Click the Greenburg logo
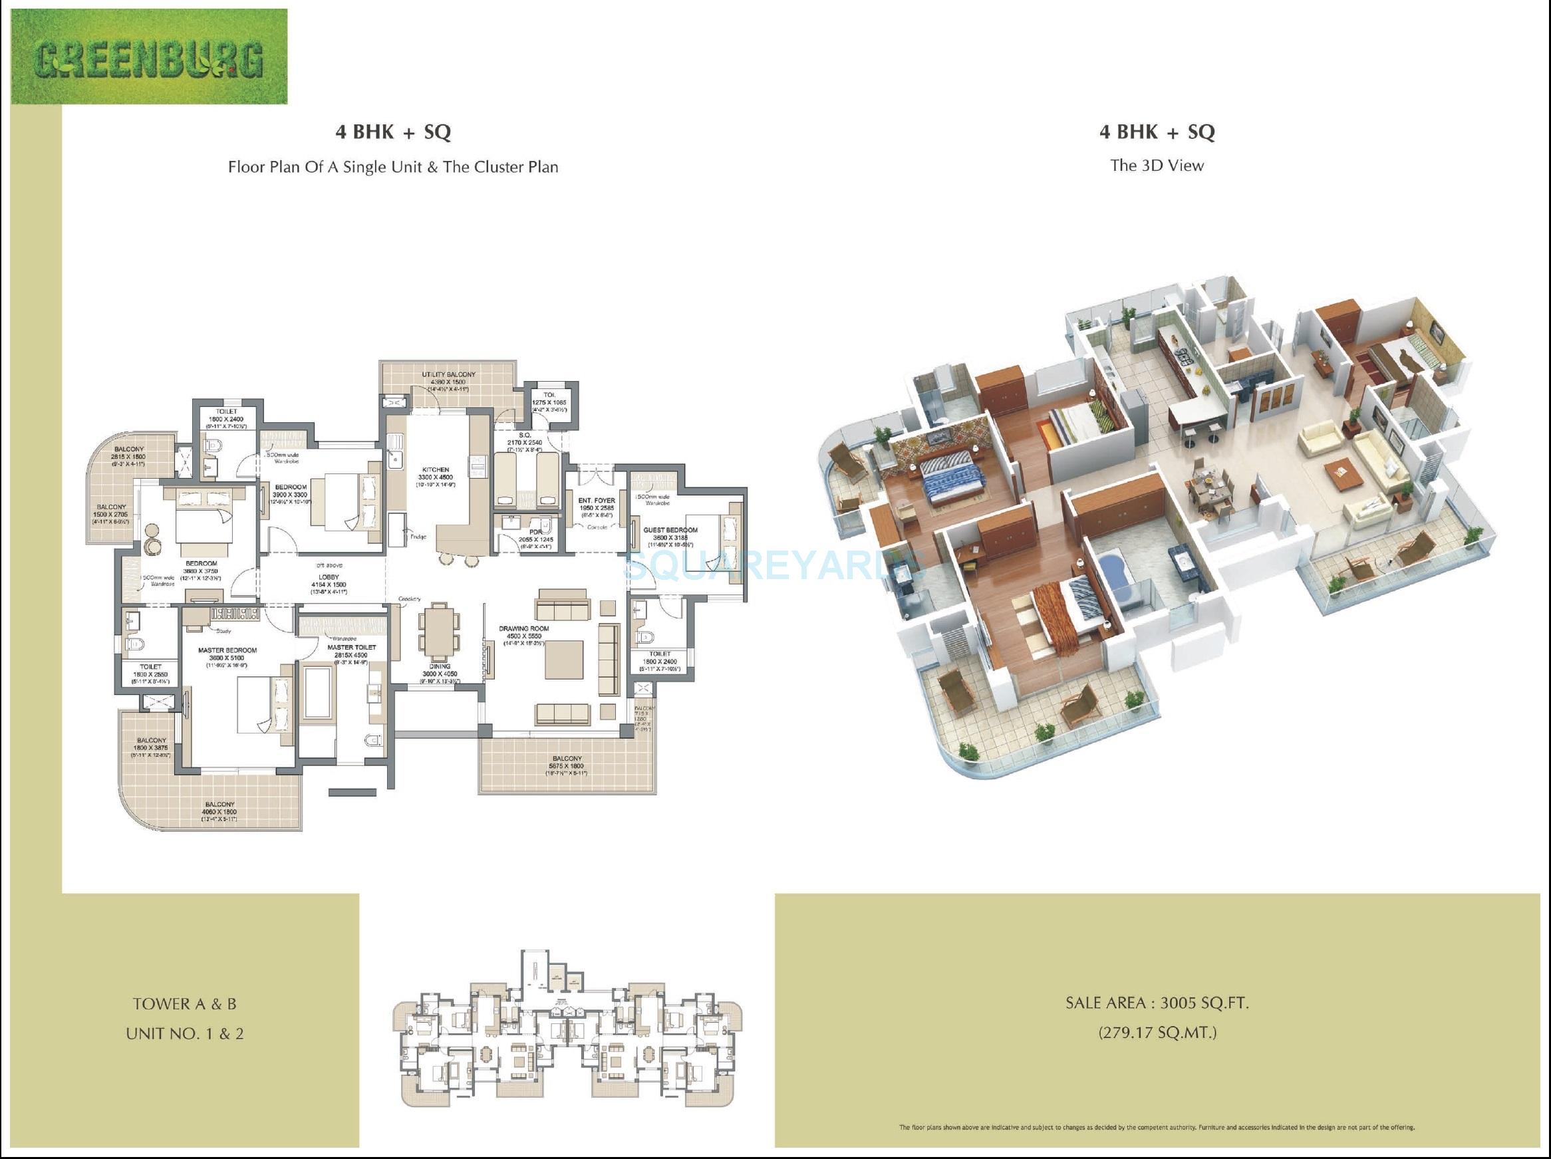(x=149, y=57)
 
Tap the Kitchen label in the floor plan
(x=436, y=469)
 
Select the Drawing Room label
(x=524, y=629)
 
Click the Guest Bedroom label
(x=670, y=530)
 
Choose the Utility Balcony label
(x=448, y=374)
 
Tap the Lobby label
(x=329, y=577)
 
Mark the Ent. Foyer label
(x=597, y=501)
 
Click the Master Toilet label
(x=351, y=647)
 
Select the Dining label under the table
(x=440, y=667)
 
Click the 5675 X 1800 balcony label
(x=567, y=765)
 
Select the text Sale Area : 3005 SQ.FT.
(x=1157, y=1003)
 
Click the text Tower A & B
(x=184, y=1004)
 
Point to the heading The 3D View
(x=1157, y=166)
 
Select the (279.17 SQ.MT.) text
(x=1157, y=1033)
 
